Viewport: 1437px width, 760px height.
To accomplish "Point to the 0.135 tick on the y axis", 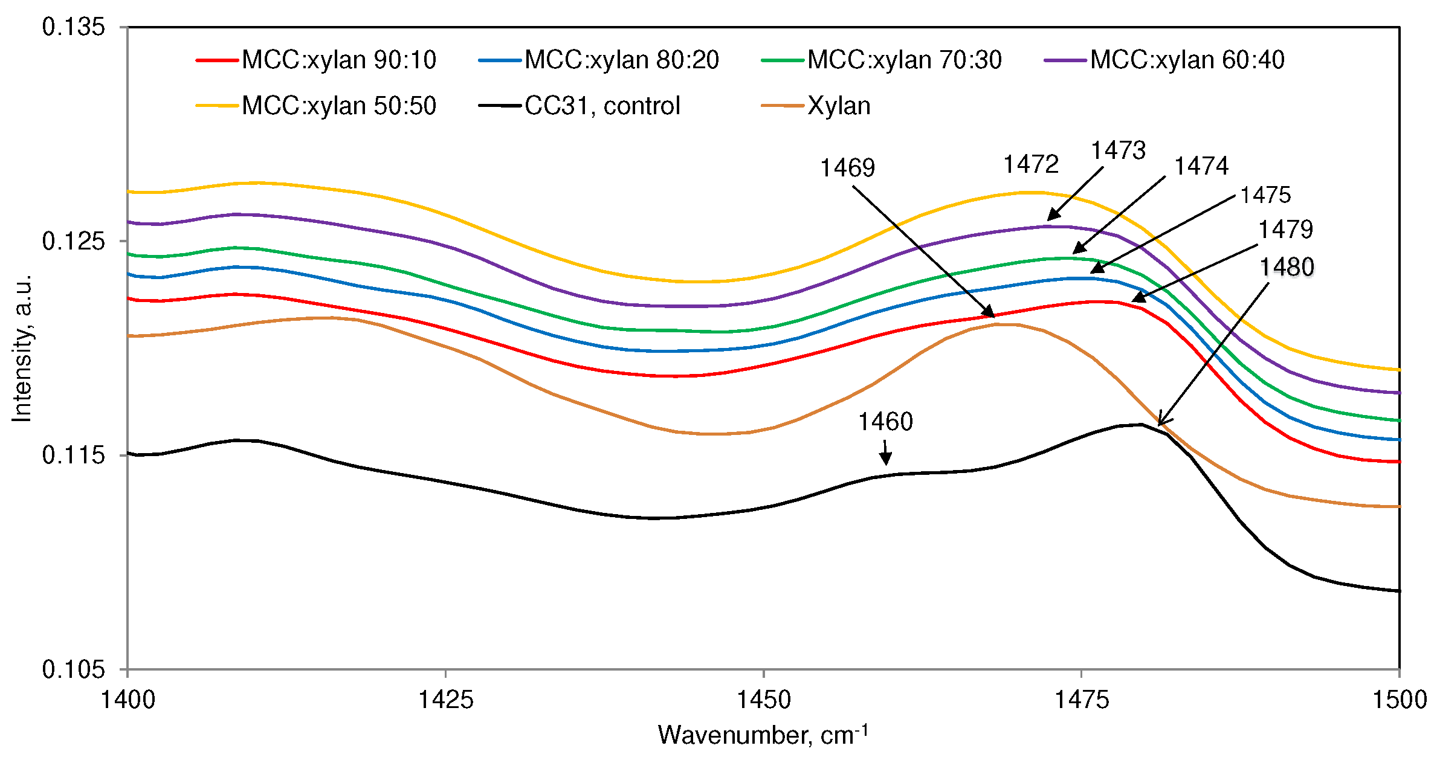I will click(x=73, y=27).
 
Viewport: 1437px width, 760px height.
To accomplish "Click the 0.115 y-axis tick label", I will click(x=73, y=455).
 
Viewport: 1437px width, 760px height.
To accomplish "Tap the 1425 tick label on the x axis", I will click(x=446, y=700).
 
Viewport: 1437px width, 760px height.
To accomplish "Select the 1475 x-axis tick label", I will click(x=1082, y=700).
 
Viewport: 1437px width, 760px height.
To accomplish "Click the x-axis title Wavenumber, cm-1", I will click(x=763, y=735).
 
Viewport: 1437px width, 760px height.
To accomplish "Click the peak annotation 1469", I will click(x=847, y=168).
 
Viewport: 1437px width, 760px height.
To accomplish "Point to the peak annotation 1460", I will click(x=885, y=422).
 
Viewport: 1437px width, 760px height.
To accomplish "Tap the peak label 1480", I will click(x=1287, y=267).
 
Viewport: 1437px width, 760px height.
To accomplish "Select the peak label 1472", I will click(x=1031, y=164).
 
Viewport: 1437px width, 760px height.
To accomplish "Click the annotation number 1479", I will click(x=1285, y=230).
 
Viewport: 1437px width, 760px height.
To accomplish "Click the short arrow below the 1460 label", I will click(x=885, y=452).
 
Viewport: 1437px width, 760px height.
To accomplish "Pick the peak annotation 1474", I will click(x=1201, y=166).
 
